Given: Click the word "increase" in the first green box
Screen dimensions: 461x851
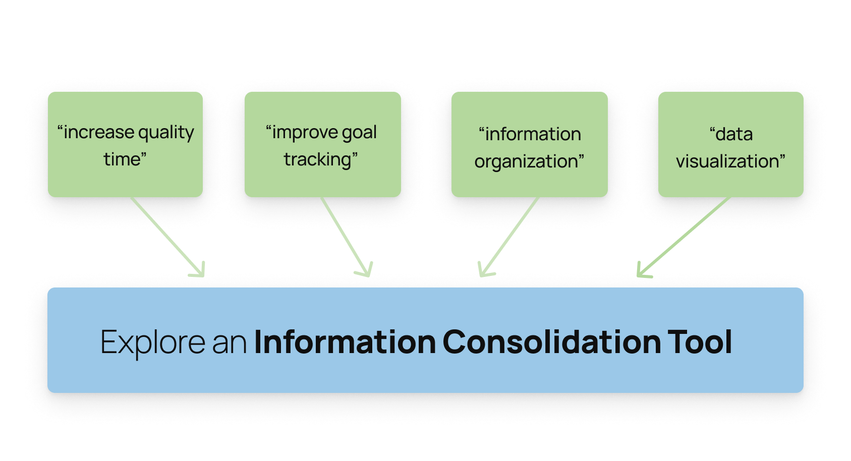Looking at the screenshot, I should [99, 133].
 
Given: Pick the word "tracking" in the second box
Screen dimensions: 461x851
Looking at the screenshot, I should [318, 160].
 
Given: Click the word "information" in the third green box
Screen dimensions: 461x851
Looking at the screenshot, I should [533, 134].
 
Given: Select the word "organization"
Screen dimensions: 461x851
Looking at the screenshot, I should [527, 162].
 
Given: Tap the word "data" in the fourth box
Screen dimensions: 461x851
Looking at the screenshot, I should [734, 134].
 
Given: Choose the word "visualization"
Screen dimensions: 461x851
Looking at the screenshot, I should [728, 161].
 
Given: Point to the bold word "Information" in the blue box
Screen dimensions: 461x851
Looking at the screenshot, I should [345, 342].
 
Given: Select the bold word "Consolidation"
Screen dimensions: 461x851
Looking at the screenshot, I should [552, 342].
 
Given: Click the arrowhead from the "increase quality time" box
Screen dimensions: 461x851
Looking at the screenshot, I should [200, 271].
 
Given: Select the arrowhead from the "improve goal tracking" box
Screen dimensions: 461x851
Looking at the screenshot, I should [367, 271].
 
